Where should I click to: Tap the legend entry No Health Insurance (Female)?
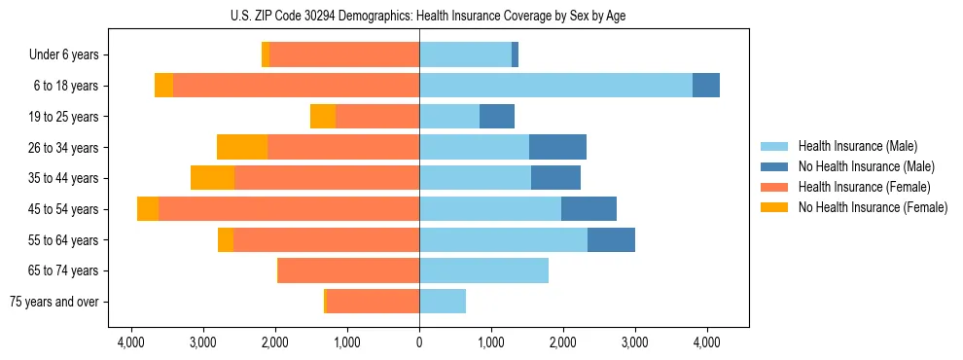873,207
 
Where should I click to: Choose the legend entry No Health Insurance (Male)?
866,166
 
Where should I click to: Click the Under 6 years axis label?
70,55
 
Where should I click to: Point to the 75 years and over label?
54,302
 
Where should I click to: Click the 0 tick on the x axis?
419,342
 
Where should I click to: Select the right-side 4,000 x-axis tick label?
706,342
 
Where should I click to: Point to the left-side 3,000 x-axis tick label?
203,342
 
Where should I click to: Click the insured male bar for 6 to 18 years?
555,86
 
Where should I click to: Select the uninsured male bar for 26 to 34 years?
557,147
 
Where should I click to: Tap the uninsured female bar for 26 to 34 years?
242,147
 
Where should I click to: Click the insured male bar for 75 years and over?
443,302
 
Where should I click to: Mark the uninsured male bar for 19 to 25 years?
497,117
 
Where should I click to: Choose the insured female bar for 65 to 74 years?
349,270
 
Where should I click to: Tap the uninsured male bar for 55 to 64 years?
611,240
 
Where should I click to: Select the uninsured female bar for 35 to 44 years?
212,178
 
